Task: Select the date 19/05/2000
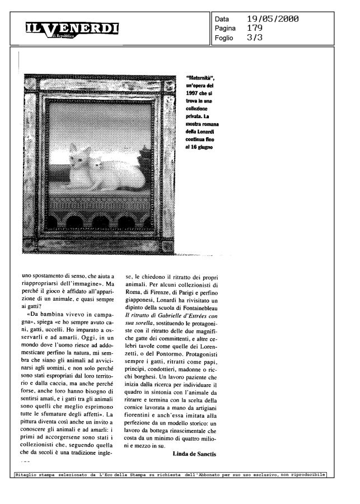[x=272, y=19]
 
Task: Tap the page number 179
[x=255, y=28]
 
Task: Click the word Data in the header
[x=222, y=20]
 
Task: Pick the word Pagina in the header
[x=226, y=29]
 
